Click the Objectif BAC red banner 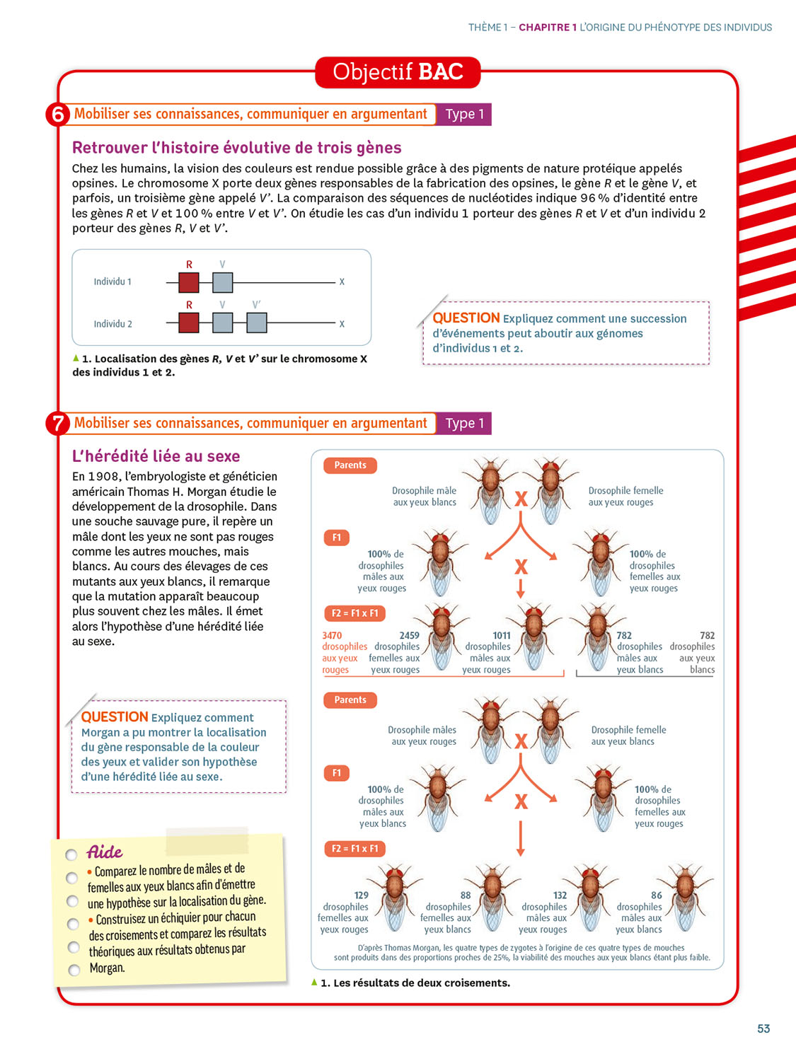click(x=398, y=72)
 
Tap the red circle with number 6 click(x=57, y=115)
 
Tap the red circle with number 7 click(x=57, y=424)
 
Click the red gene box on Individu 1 click(x=189, y=282)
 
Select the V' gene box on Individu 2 click(x=257, y=323)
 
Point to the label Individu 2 click(x=113, y=324)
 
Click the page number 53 click(x=763, y=1028)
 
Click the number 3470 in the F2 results click(x=332, y=635)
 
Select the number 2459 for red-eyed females click(x=409, y=635)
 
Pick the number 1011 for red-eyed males click(x=501, y=635)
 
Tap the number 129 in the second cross click(x=361, y=895)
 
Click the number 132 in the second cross click(x=560, y=895)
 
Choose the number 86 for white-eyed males click(x=656, y=895)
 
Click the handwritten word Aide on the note click(x=104, y=852)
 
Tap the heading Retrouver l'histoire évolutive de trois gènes click(x=236, y=148)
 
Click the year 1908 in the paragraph click(x=103, y=477)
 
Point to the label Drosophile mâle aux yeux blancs click(x=424, y=497)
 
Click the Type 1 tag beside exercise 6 click(x=464, y=115)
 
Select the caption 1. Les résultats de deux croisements click(x=415, y=982)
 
